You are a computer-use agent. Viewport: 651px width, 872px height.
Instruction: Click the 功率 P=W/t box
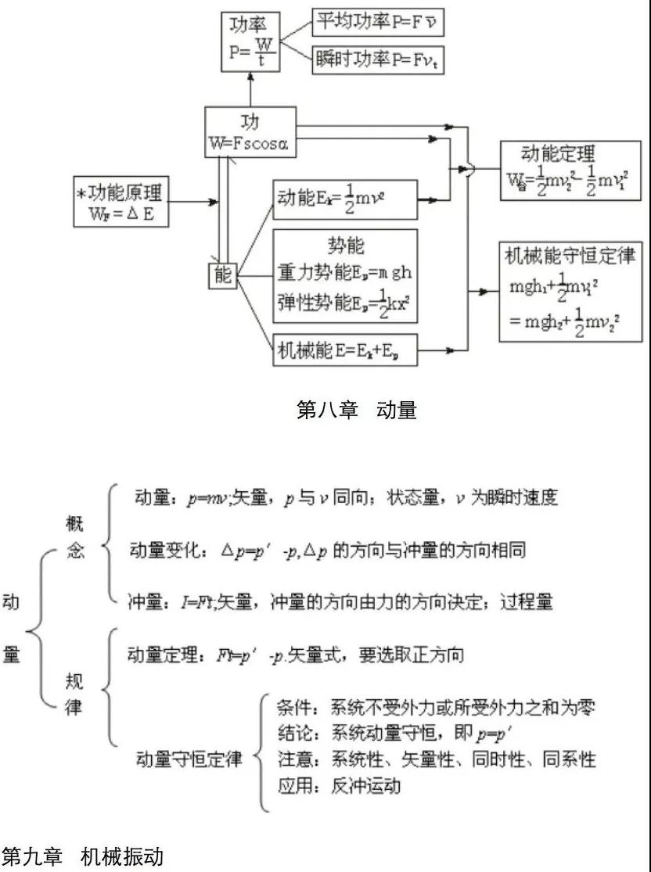(251, 41)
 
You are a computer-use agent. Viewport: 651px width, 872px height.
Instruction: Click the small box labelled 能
(223, 275)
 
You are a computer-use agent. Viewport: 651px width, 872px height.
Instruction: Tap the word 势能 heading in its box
(344, 245)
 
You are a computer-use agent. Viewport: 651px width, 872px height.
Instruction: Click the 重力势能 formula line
(344, 273)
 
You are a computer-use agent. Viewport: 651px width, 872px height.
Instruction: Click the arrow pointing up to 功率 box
(251, 86)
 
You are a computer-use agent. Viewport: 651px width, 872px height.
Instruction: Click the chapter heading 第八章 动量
(357, 410)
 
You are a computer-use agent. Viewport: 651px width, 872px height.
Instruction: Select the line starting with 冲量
(340, 601)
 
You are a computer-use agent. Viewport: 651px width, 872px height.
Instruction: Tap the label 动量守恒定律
(189, 759)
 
